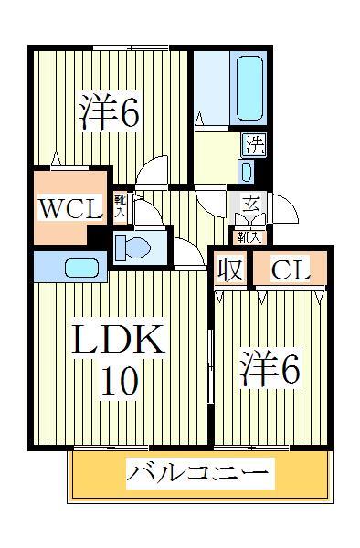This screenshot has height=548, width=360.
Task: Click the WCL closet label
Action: (x=69, y=208)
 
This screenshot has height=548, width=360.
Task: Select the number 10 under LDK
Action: (x=119, y=379)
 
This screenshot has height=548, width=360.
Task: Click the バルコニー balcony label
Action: (x=198, y=474)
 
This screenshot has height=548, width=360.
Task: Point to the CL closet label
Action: (x=291, y=270)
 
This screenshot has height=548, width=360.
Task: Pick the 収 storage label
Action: (x=228, y=270)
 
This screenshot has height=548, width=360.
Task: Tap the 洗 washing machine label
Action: (x=255, y=143)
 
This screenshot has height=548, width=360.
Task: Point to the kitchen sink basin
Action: (x=82, y=269)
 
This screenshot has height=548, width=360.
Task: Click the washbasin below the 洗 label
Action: (x=248, y=170)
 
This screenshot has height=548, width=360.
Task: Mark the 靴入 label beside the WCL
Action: (x=120, y=205)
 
